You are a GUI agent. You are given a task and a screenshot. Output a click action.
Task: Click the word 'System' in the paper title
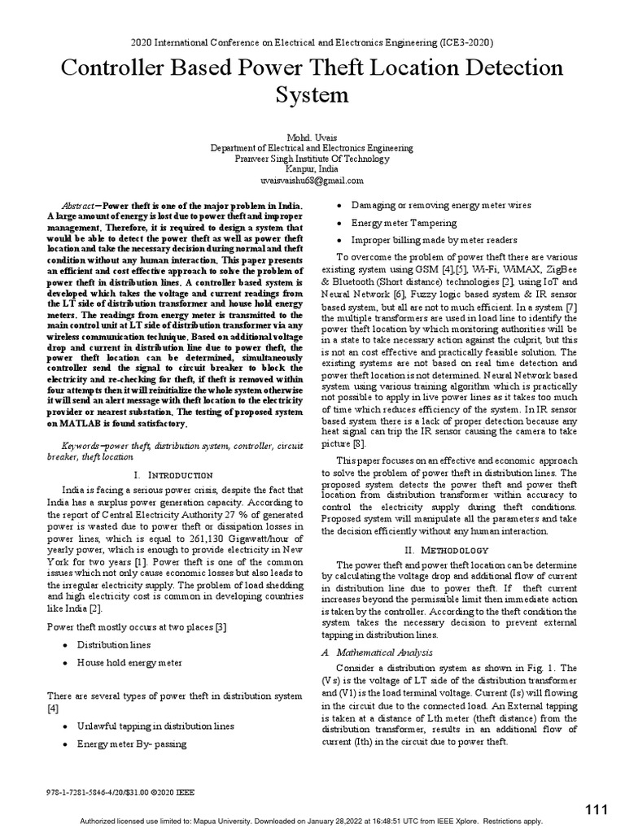(312, 97)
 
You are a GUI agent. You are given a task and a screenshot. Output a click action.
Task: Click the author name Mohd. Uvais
(312, 138)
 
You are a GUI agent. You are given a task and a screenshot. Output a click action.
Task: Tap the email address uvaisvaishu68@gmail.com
(312, 181)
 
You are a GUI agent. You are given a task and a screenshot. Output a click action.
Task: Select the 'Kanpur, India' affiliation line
(312, 170)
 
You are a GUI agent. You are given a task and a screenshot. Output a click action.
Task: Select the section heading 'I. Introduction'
(172, 474)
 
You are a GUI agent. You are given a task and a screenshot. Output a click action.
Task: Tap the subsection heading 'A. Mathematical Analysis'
(375, 652)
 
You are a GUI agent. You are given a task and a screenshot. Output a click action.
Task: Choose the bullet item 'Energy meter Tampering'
(404, 223)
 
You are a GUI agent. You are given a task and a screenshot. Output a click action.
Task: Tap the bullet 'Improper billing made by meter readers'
(434, 241)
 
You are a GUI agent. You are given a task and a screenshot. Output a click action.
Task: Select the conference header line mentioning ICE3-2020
(312, 42)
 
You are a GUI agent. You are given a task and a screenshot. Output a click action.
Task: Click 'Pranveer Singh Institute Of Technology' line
(312, 159)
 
